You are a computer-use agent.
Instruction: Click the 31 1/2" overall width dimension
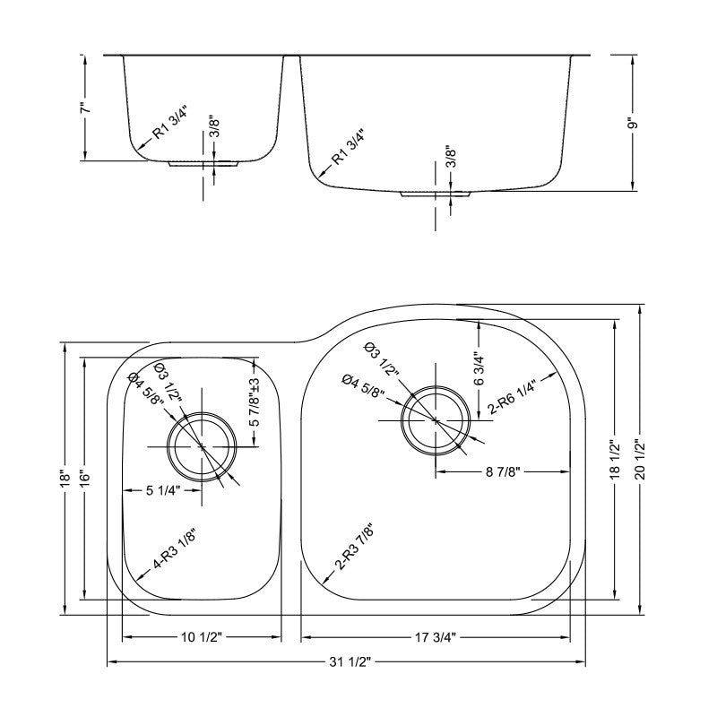click(x=346, y=661)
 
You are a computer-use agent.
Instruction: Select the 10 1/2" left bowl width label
click(x=202, y=637)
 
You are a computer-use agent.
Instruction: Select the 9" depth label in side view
click(x=634, y=124)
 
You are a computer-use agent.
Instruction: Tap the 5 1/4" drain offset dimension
click(x=164, y=490)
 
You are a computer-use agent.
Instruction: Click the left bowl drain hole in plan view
click(x=203, y=445)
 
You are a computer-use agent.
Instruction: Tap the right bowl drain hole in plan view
click(x=436, y=419)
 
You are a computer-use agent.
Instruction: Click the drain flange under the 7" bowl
click(x=203, y=165)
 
